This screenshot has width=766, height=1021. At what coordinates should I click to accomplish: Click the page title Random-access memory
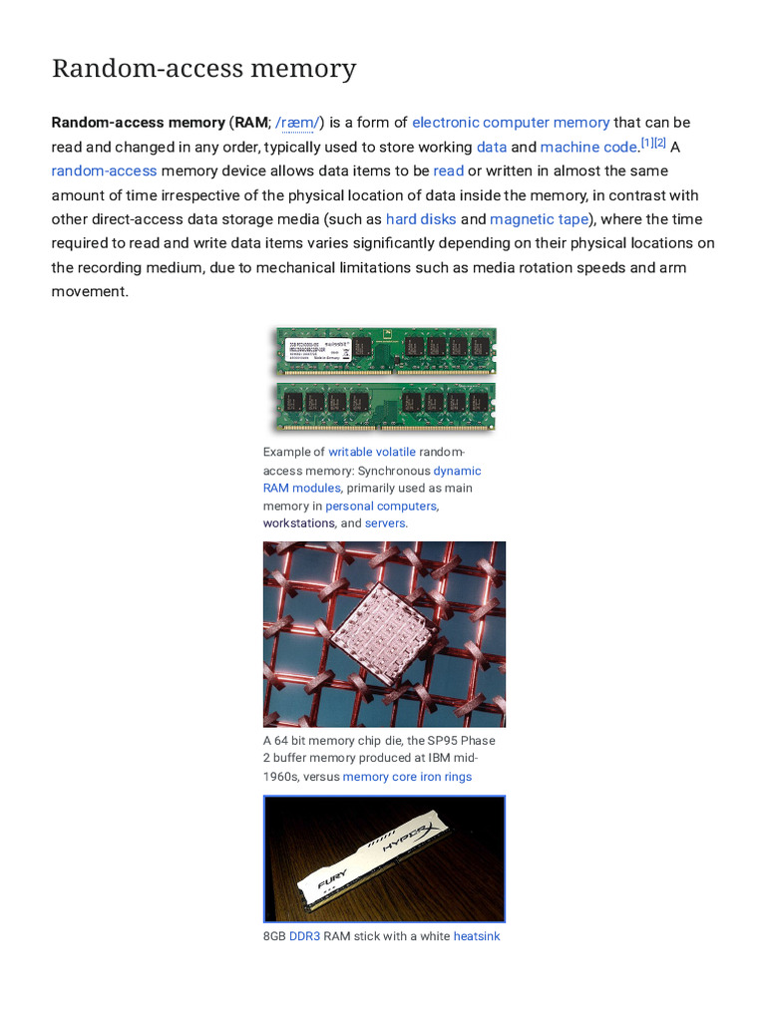[203, 69]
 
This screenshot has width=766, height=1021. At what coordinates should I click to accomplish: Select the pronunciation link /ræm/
[297, 123]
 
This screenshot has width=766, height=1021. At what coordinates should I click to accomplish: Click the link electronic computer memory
[511, 123]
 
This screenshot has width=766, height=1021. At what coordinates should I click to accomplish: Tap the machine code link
[587, 147]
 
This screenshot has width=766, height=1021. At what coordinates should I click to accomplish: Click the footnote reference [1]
[646, 143]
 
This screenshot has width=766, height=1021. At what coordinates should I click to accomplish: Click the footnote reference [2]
[659, 143]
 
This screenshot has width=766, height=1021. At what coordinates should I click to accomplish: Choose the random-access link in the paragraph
[104, 170]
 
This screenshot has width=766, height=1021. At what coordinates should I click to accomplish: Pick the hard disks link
[421, 219]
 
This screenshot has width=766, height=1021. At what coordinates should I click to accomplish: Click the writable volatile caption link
[372, 452]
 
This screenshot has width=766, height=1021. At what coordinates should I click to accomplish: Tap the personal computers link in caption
[381, 506]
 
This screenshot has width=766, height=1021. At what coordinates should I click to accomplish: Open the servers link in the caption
[386, 523]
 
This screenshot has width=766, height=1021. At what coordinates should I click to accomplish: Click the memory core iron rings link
[407, 777]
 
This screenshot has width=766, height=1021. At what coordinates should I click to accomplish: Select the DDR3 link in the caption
[304, 936]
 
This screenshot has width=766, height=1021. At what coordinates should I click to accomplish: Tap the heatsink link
[477, 936]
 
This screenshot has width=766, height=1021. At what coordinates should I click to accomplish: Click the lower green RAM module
[385, 404]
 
